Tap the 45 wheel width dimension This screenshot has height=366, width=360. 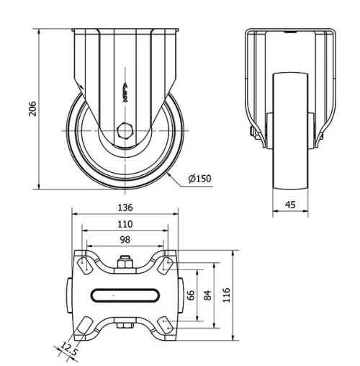pos(290,205)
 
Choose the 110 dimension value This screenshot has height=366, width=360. pos(125,224)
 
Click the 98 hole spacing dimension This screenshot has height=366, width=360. pos(125,239)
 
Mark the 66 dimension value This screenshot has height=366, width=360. pos(191,295)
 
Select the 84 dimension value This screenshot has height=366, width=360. pos(207,295)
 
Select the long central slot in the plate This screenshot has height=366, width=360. pos(125,294)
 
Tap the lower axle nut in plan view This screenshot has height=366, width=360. pos(125,327)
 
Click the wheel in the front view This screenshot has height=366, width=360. pos(290,151)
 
